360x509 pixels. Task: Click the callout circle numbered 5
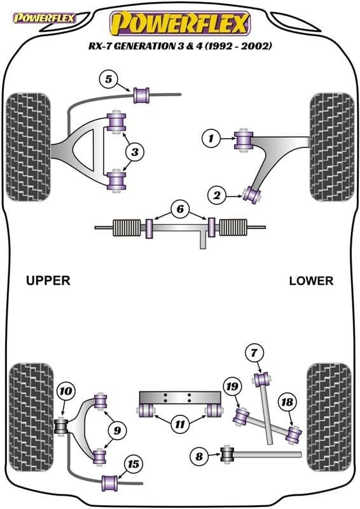click(x=109, y=80)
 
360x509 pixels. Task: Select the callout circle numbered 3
click(x=135, y=151)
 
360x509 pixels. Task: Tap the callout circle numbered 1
click(x=211, y=137)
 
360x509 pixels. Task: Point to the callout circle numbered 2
click(x=218, y=197)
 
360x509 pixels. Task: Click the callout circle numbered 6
click(x=180, y=209)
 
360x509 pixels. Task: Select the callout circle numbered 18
click(x=287, y=401)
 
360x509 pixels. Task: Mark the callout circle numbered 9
click(x=116, y=431)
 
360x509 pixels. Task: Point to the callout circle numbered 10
click(x=66, y=391)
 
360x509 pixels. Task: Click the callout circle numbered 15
click(x=134, y=464)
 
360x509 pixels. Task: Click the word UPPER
click(x=48, y=280)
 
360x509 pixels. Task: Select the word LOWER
click(x=310, y=280)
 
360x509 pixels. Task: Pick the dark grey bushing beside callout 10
click(x=63, y=424)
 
